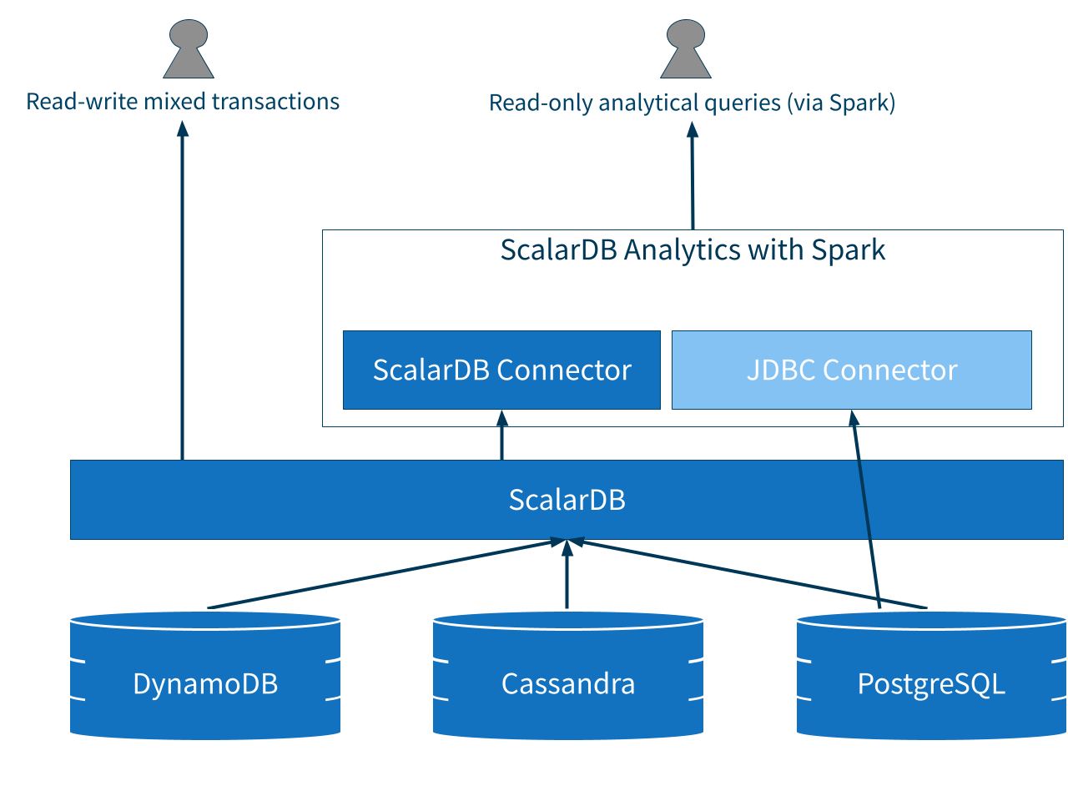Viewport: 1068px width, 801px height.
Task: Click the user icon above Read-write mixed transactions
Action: coord(189,49)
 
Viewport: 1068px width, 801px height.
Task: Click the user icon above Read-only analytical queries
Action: coord(686,49)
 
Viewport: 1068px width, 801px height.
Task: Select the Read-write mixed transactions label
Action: coord(183,102)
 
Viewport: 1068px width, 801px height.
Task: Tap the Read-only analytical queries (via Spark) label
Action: coord(692,103)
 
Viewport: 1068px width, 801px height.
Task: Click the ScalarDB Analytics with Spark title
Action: coord(693,250)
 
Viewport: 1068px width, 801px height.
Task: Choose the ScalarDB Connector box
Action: coord(501,370)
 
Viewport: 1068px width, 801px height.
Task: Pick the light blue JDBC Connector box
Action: coord(851,370)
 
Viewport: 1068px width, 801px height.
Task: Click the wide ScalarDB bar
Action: coord(567,500)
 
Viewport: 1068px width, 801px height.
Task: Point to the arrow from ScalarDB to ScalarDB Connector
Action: coord(501,436)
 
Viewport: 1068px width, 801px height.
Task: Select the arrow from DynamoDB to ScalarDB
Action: coord(384,574)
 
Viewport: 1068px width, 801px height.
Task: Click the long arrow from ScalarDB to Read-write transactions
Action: coord(183,292)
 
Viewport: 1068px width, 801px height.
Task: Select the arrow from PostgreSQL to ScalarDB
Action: coord(751,574)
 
